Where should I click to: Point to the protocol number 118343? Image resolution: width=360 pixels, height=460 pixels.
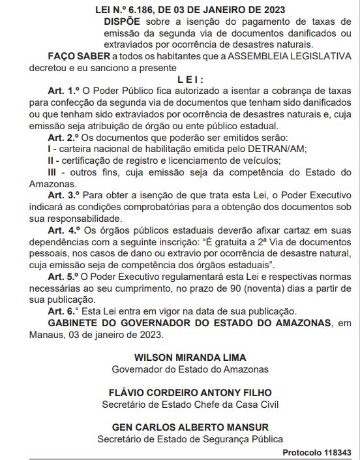pyautogui.click(x=335, y=452)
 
